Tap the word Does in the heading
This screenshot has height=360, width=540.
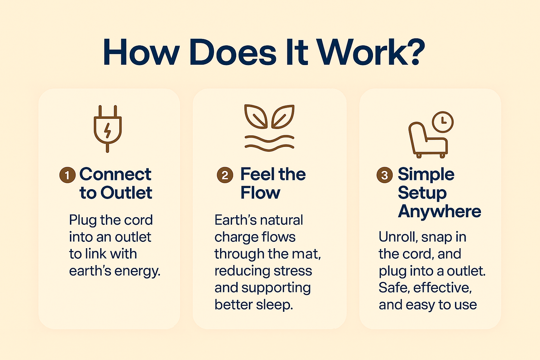233,52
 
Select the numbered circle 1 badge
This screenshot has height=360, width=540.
67,175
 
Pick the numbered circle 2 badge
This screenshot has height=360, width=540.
225,175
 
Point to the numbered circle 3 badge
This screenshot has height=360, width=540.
385,175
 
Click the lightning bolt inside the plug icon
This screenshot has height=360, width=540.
108,130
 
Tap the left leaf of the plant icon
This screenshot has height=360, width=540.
256,116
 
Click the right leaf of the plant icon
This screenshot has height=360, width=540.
283,116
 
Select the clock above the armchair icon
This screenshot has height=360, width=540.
442,122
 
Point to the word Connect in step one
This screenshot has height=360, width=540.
115,174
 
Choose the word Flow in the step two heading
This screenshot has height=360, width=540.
260,193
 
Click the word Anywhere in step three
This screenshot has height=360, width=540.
439,212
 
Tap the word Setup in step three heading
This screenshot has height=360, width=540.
422,193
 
